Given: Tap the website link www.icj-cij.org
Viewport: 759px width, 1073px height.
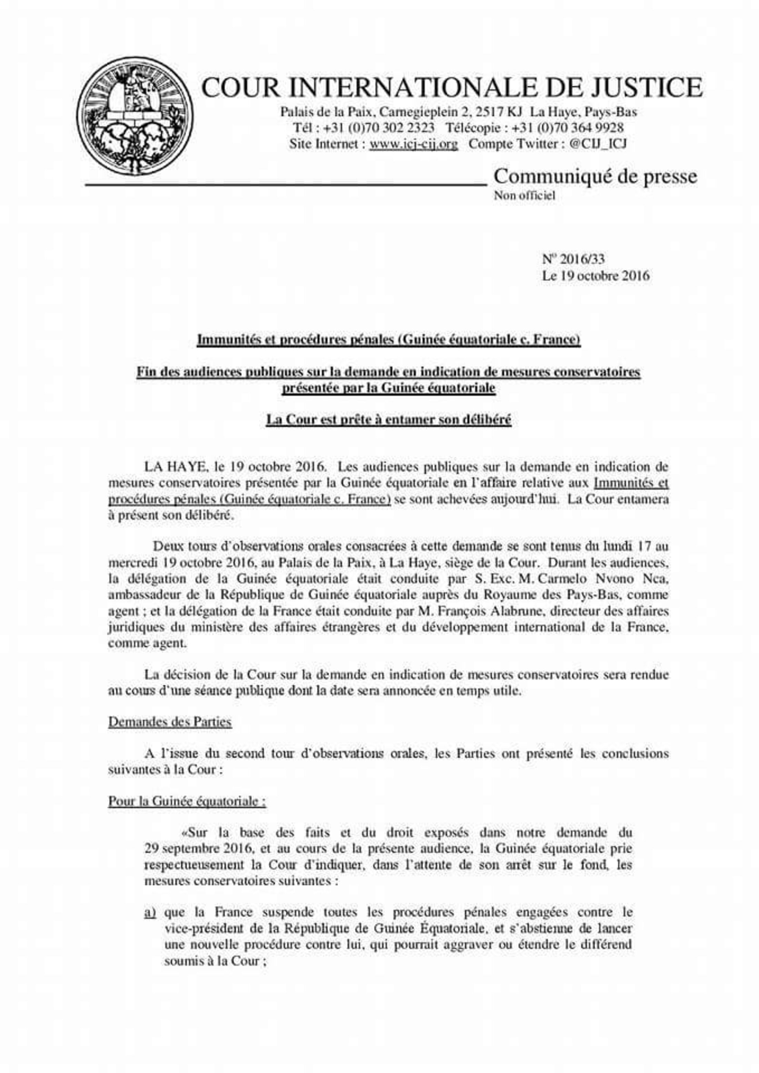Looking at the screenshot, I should (x=414, y=144).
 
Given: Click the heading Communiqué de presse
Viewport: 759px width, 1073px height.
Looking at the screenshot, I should (x=595, y=177).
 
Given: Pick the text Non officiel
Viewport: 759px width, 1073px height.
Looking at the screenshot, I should (x=524, y=195).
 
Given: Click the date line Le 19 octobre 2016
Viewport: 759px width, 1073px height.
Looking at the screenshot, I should (x=595, y=276).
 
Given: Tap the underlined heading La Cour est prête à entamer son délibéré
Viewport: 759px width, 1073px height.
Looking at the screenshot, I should (x=388, y=420).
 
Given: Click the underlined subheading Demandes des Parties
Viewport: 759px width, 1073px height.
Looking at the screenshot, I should (x=170, y=721).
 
